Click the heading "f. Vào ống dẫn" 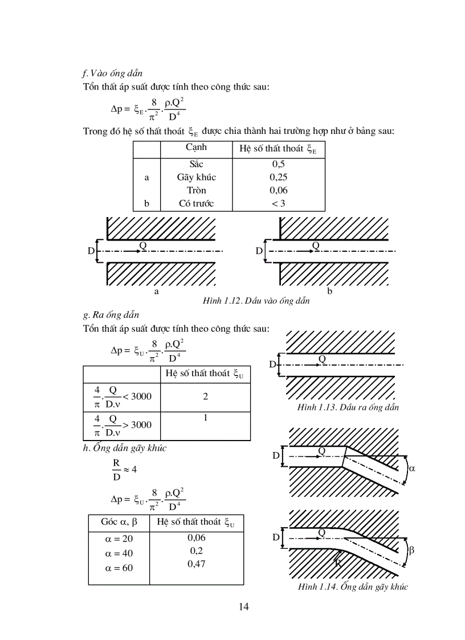coord(112,74)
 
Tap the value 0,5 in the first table coord(278,164)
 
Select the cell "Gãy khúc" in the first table coord(196,177)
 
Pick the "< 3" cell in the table coord(278,203)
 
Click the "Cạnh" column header coord(196,148)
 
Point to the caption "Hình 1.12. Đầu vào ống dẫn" coord(256,301)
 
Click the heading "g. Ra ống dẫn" coord(111,315)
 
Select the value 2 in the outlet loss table coord(205,396)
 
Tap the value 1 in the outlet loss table coord(205,418)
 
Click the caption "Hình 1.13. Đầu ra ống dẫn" coord(348,407)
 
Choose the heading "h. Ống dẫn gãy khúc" coord(124,448)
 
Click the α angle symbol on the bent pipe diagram coord(413,468)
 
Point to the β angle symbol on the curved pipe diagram coord(411,550)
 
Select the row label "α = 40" coord(119,553)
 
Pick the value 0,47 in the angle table coord(196,564)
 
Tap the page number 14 coord(244,606)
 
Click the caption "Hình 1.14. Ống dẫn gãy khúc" coord(353,587)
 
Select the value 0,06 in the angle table coord(196,537)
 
